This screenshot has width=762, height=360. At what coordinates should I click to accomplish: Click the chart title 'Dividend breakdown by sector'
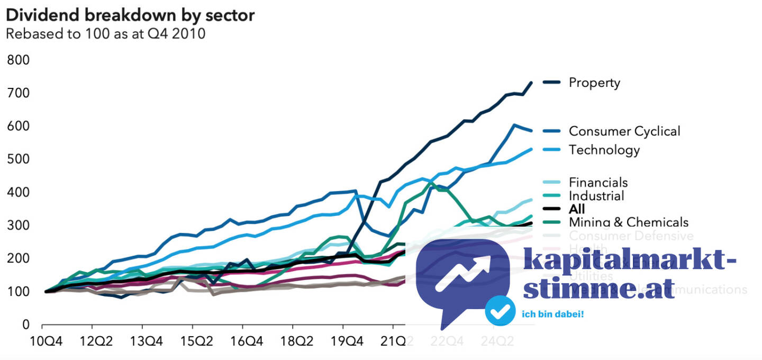point(130,15)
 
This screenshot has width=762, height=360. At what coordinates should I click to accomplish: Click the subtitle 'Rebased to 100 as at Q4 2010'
point(105,34)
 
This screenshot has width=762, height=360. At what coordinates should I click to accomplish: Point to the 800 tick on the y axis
point(19,60)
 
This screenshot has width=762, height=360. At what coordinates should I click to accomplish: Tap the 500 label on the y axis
point(19,159)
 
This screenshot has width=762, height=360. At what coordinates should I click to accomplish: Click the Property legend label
point(594,83)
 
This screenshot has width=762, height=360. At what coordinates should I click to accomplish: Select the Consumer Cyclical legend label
point(624,131)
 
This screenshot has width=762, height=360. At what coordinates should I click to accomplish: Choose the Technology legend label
point(604,150)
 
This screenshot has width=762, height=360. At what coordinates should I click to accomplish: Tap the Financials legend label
point(598,183)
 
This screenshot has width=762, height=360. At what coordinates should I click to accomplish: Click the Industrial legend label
point(596,196)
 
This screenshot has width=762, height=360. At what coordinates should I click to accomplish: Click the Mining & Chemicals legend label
point(629,222)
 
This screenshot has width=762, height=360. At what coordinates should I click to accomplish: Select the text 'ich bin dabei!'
point(553,314)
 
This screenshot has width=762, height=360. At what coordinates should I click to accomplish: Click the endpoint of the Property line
point(531,83)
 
